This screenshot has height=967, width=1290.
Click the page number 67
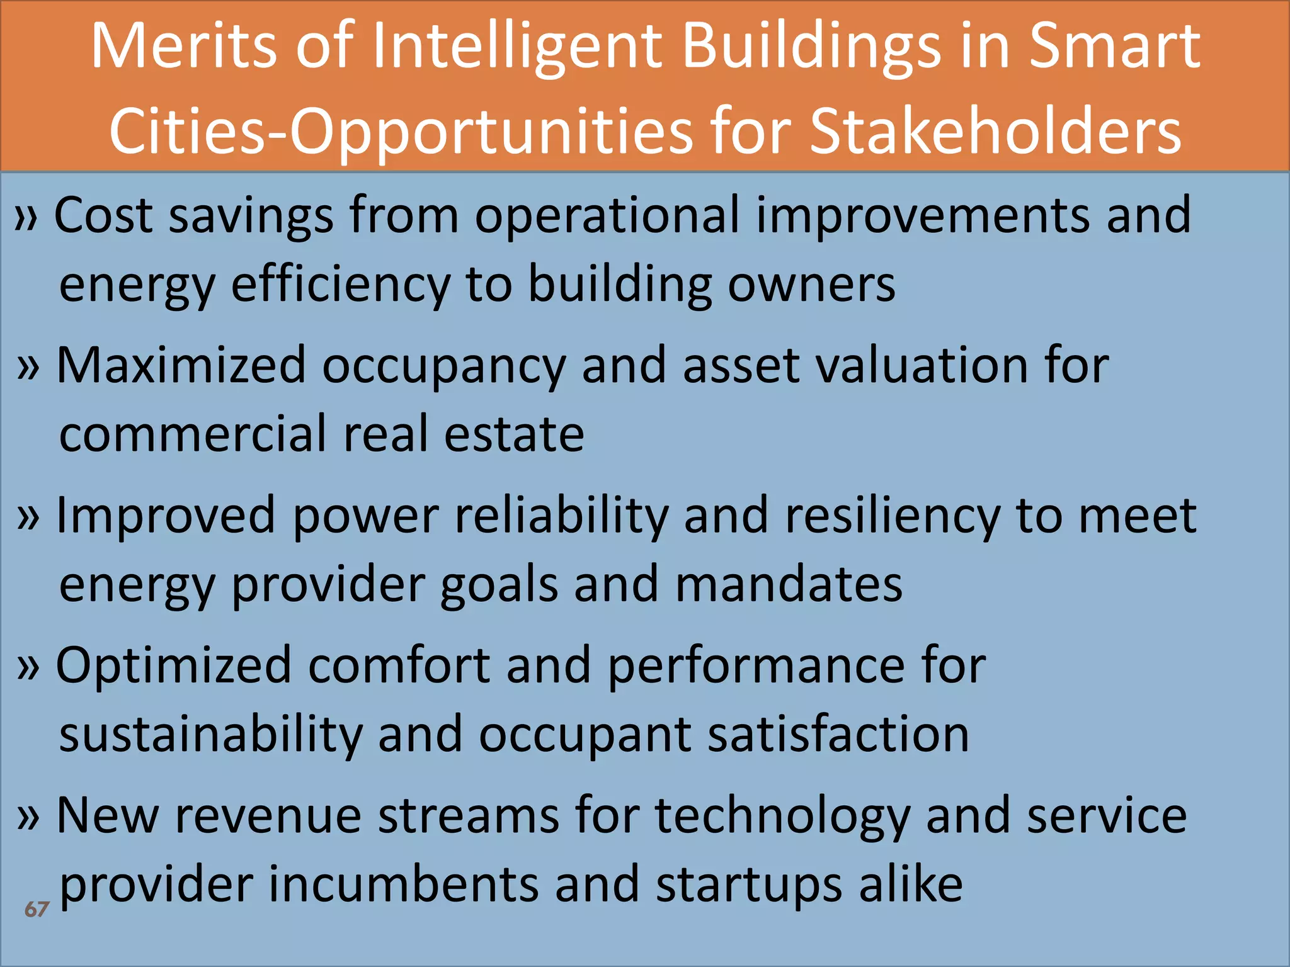[x=37, y=909]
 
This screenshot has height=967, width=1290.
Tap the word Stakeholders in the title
[x=995, y=131]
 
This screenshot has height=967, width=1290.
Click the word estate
[x=514, y=434]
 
